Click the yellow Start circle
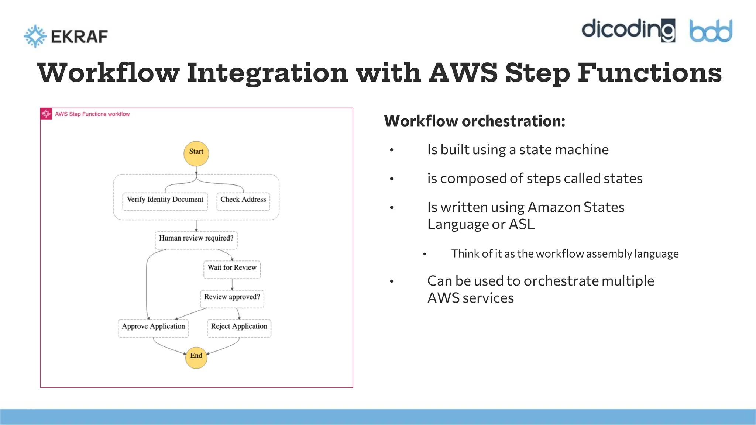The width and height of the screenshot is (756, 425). coord(196,153)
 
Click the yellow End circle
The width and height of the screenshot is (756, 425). coord(196,357)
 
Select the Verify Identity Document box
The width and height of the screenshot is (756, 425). coord(165,201)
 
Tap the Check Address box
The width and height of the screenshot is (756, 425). coord(243,201)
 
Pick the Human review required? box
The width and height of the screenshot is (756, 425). coord(196,240)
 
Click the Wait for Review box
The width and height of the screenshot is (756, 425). coord(232,269)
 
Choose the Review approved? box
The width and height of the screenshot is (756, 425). coord(232,299)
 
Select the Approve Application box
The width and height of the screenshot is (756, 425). coord(153,328)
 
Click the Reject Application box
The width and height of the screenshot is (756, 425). coord(239,328)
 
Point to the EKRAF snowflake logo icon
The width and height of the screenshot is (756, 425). coord(35,36)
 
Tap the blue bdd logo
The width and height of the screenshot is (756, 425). coord(711,31)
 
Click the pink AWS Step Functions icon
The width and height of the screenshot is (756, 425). coord(46,114)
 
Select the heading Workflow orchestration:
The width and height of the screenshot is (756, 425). coord(474,121)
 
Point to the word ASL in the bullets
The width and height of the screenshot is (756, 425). coord(522,224)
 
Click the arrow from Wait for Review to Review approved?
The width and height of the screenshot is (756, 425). coord(232,284)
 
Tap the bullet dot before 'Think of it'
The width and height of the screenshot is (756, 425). coord(425,254)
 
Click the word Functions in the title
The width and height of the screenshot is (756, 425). coord(649,73)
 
